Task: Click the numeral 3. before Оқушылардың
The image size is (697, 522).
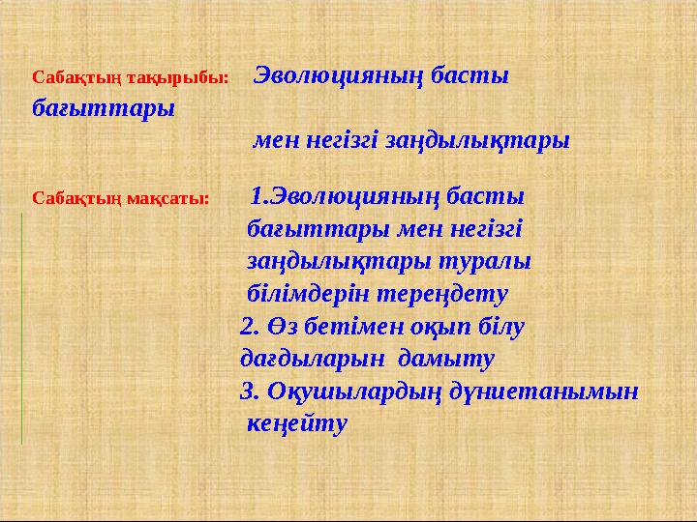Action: pos(248,392)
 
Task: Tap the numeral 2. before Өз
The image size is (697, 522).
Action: pos(249,327)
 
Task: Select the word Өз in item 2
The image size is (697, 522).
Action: pos(282,327)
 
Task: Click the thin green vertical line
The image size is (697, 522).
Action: pos(21,329)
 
